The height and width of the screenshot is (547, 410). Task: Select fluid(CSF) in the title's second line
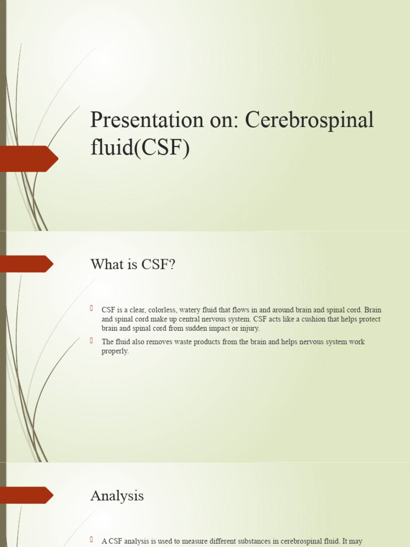click(x=140, y=147)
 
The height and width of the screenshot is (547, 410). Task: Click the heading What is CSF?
click(x=132, y=264)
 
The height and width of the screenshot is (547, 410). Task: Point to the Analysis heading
click(x=117, y=496)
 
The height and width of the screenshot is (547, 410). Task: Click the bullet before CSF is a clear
click(x=92, y=309)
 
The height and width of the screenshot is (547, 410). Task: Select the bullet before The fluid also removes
click(x=92, y=340)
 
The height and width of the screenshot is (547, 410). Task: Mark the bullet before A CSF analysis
click(x=92, y=540)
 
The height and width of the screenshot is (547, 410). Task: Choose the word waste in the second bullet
click(x=185, y=342)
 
